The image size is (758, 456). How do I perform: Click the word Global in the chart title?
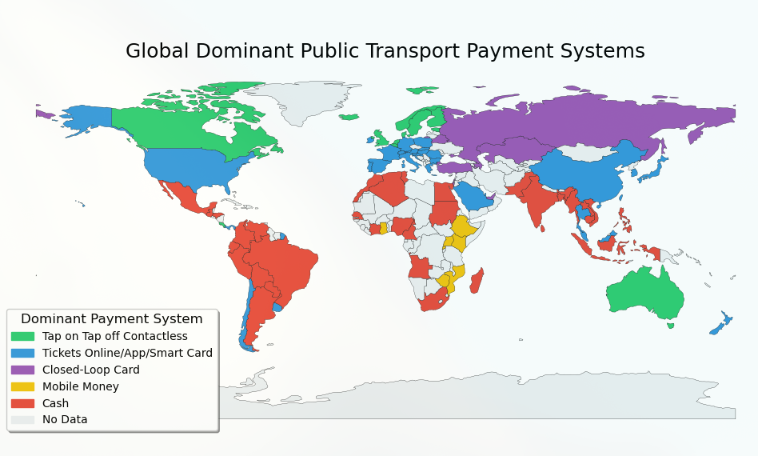158,51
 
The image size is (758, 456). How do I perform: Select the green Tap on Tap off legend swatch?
22,336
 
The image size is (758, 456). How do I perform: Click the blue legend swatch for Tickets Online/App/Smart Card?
22,353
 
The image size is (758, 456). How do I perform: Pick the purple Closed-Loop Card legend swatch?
22,370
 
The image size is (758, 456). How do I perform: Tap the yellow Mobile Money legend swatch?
22,386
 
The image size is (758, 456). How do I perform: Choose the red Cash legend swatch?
22,403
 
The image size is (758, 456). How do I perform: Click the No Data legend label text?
65,419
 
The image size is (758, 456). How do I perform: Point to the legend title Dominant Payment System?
111,318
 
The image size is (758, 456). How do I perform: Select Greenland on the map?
300,100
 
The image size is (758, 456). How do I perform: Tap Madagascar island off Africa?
476,281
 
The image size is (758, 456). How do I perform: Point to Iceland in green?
349,117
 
